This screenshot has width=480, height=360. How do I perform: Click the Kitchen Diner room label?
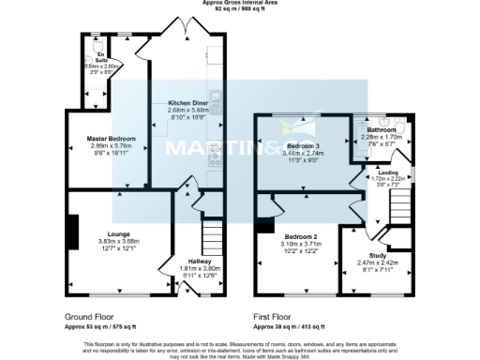(187, 102)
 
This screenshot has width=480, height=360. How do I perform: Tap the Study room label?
(377, 254)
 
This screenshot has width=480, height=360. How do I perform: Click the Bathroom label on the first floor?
(382, 130)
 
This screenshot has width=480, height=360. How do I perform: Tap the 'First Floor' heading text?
(279, 318)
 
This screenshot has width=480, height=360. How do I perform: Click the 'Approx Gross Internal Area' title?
(239, 3)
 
